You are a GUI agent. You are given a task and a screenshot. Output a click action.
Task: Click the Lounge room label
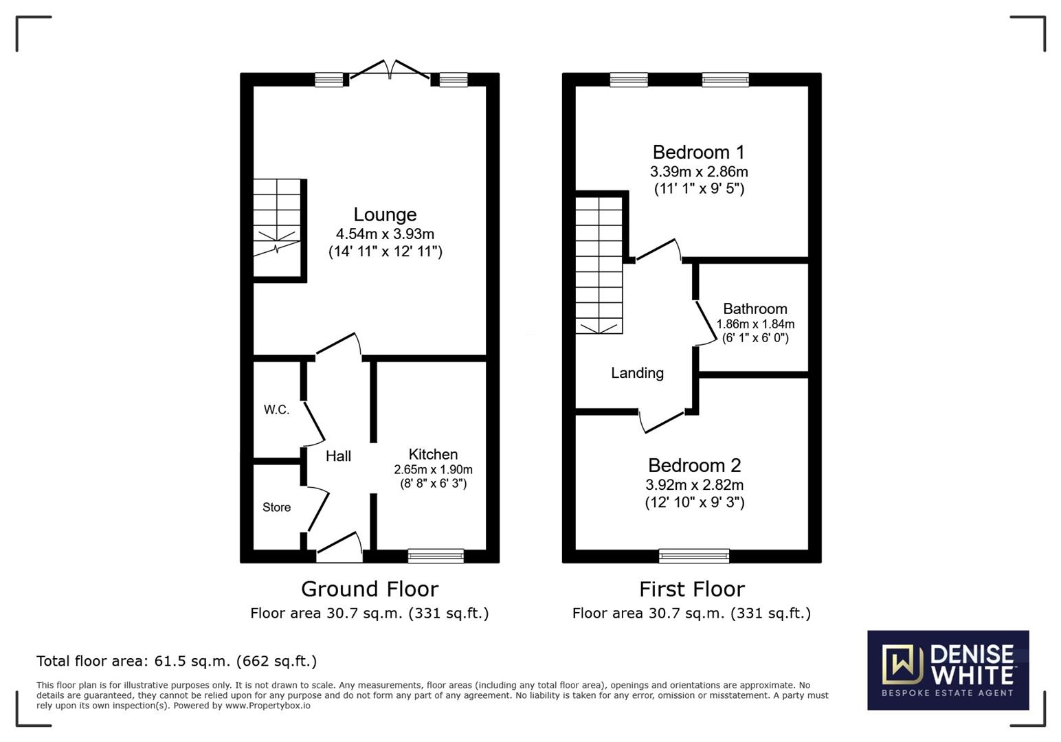click(385, 214)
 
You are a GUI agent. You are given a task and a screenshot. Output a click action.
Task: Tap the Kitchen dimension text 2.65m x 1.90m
click(433, 470)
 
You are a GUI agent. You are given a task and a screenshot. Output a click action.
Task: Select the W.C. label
click(276, 409)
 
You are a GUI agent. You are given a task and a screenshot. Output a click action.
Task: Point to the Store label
click(277, 507)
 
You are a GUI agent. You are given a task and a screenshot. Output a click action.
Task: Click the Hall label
click(338, 456)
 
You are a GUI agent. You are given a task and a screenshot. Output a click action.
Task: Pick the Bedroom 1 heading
click(699, 153)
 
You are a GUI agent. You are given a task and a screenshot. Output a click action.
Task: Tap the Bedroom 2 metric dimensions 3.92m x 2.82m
click(694, 485)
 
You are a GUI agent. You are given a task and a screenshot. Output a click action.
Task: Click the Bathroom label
click(755, 308)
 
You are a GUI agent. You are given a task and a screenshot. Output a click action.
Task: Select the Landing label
click(637, 373)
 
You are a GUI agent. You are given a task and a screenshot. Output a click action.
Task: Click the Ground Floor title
click(370, 589)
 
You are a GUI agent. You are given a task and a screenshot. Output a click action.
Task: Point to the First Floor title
click(692, 589)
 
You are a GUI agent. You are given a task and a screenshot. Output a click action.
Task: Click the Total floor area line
click(177, 661)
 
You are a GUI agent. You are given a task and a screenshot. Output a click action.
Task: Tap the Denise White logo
click(948, 670)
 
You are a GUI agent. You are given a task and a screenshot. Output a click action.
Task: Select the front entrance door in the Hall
click(339, 548)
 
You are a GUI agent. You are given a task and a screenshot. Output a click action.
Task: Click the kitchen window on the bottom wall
click(436, 556)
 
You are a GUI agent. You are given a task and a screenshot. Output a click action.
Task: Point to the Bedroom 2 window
click(694, 556)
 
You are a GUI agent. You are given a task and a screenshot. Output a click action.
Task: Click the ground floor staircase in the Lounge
click(277, 227)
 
